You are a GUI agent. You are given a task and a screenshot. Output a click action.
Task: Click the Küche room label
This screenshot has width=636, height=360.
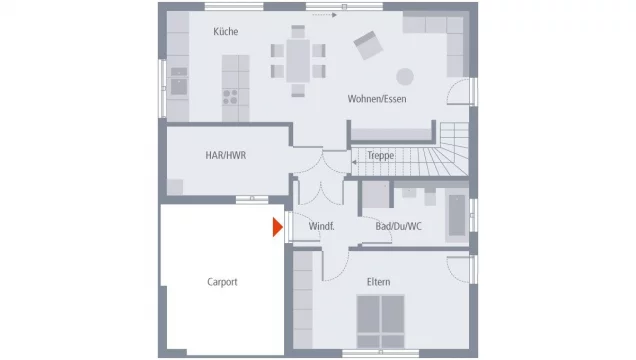(x=226, y=32)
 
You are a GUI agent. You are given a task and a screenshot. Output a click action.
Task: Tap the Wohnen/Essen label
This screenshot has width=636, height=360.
(x=377, y=99)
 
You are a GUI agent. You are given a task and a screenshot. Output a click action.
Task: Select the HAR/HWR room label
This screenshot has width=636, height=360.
(x=226, y=155)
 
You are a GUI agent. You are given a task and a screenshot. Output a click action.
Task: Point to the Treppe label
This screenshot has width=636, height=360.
(x=380, y=155)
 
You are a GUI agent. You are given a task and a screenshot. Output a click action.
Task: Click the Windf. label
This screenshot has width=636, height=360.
(x=321, y=226)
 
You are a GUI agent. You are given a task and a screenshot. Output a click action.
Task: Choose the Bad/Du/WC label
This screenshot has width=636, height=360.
(x=398, y=226)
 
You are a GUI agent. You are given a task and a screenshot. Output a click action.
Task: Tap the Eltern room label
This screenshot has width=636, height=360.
(x=378, y=282)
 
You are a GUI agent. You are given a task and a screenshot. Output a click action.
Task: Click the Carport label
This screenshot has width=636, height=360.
(x=222, y=282)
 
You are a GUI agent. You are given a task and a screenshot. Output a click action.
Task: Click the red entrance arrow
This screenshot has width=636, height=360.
(x=277, y=227)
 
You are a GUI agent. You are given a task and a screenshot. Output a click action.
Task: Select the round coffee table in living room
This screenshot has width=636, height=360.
(x=405, y=77)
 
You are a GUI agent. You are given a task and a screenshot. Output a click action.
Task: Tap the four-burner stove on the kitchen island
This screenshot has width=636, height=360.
(x=230, y=97)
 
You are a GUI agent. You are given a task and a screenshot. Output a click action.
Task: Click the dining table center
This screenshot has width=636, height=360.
(x=298, y=61)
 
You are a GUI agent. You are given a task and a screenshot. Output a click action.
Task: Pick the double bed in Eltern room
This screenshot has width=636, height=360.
(x=380, y=321)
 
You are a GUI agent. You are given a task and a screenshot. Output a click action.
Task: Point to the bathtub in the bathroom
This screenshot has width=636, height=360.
(x=457, y=216)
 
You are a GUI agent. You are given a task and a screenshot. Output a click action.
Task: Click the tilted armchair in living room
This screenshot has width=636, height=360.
(x=368, y=45)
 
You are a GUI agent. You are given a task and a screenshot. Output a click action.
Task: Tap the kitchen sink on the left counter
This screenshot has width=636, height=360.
(x=179, y=87)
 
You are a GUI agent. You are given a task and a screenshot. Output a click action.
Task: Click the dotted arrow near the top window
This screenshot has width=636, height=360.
(x=324, y=15)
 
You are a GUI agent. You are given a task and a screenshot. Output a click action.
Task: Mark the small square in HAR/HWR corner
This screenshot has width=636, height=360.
(x=175, y=187)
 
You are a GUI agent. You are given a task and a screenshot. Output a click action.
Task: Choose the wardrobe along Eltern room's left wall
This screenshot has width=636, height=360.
(x=303, y=300)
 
